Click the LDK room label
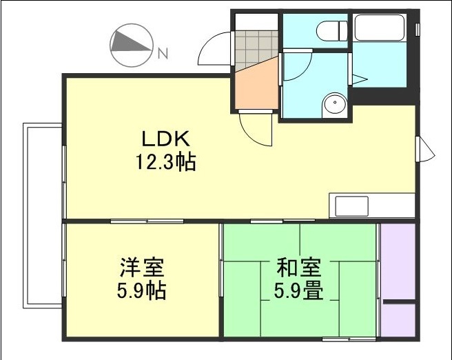(165, 139)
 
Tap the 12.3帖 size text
(165, 163)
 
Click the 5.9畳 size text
(298, 290)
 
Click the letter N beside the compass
(163, 52)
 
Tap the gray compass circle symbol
(131, 46)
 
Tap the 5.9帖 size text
(141, 290)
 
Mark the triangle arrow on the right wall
(425, 148)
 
